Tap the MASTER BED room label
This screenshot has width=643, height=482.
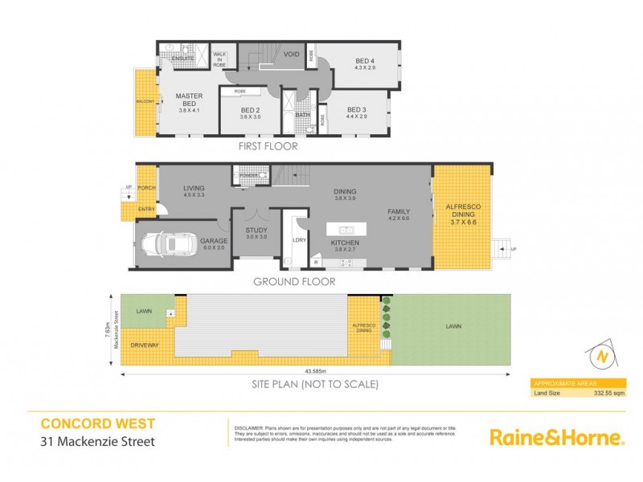pyautogui.click(x=189, y=100)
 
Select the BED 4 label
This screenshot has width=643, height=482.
pyautogui.click(x=366, y=61)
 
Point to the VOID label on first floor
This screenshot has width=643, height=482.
pyautogui.click(x=292, y=55)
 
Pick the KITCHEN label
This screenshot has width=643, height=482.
pyautogui.click(x=345, y=243)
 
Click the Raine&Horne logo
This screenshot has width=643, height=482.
pyautogui.click(x=557, y=438)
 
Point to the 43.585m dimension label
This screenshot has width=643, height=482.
pyautogui.click(x=315, y=371)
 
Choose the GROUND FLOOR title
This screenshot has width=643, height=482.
pyautogui.click(x=294, y=282)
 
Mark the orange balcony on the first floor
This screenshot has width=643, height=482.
pyautogui.click(x=145, y=101)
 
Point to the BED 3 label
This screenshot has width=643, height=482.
pyautogui.click(x=358, y=109)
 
